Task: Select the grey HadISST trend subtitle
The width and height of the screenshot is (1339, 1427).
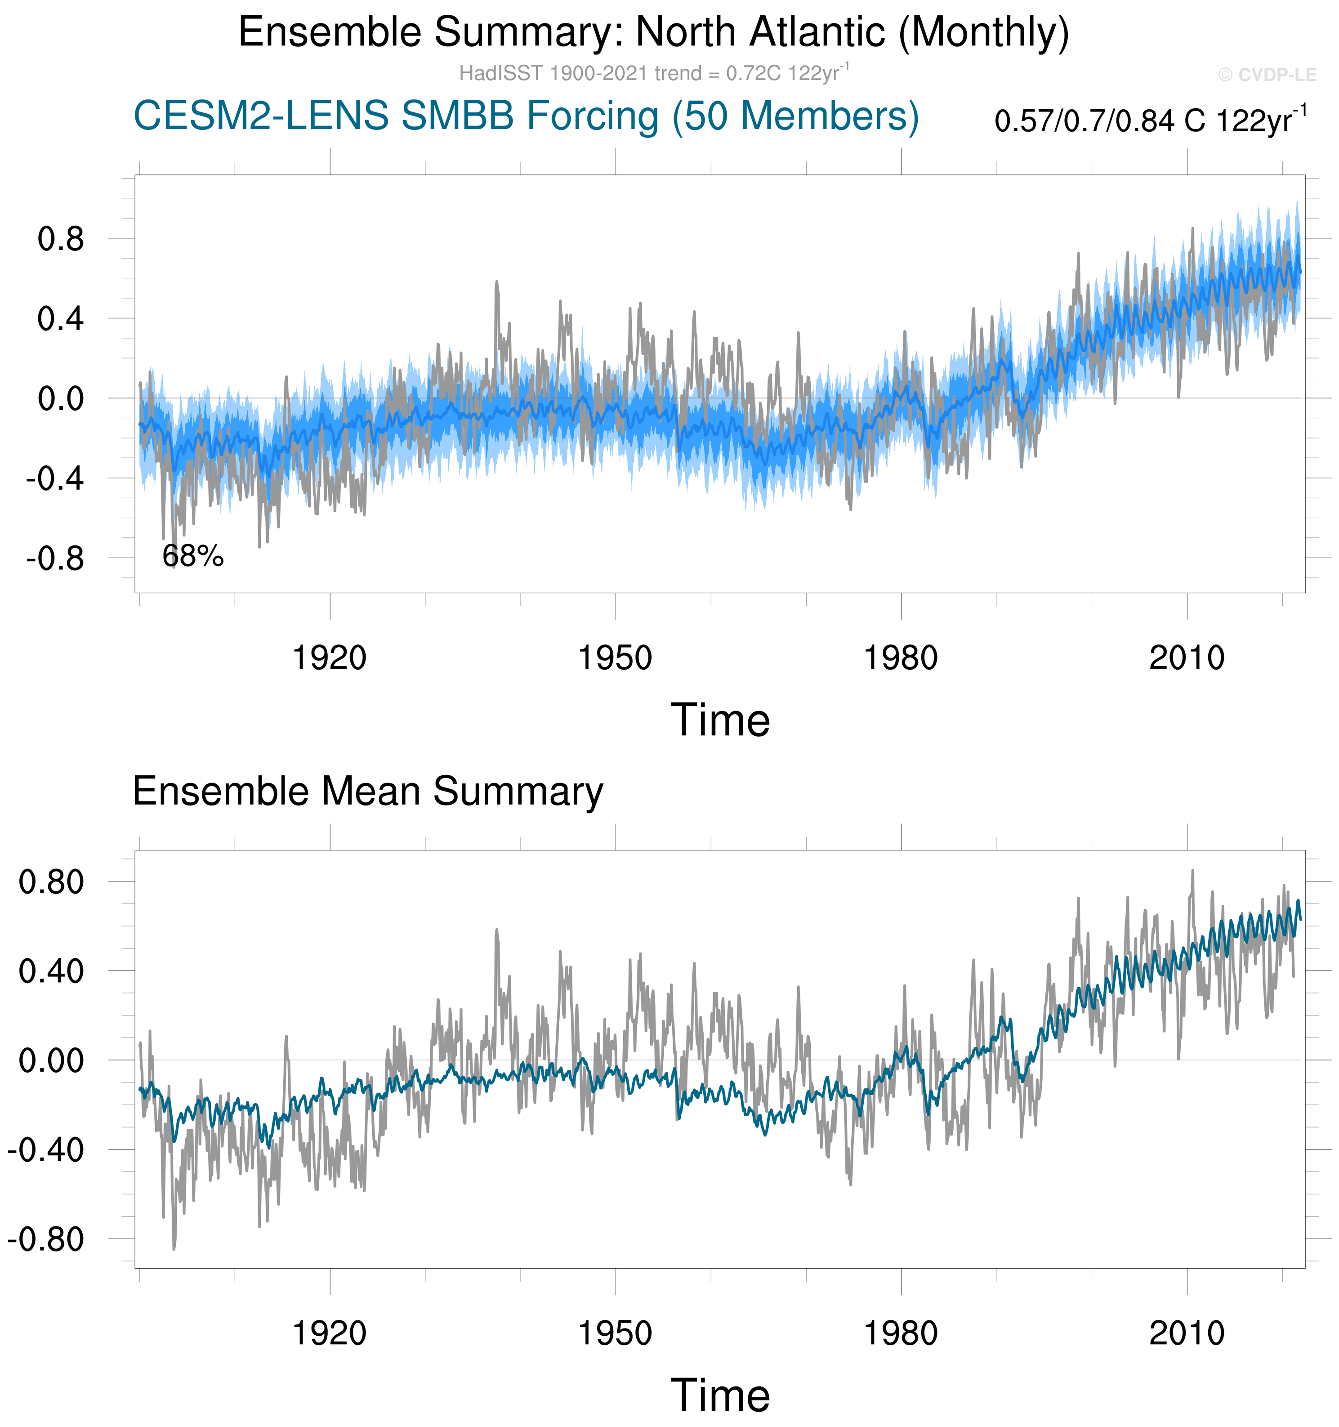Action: click(654, 73)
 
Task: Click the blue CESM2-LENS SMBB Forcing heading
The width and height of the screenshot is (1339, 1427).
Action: click(526, 116)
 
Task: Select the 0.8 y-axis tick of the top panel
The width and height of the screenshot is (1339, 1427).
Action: click(61, 239)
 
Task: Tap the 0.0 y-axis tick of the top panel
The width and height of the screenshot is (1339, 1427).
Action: click(61, 398)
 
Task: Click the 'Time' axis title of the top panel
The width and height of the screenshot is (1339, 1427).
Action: click(720, 720)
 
